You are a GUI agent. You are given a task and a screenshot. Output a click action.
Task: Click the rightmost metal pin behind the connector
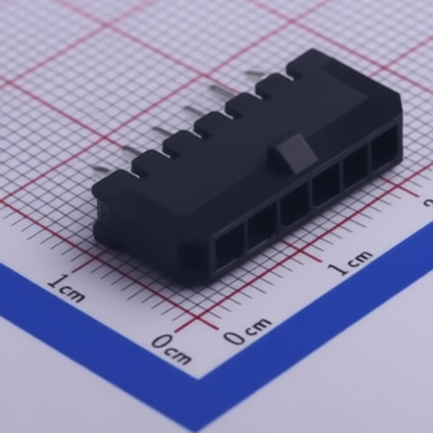(255, 74)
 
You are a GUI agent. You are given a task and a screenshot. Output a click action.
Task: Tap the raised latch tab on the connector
(293, 152)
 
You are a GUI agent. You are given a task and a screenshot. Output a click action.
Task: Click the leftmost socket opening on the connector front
(229, 250)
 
